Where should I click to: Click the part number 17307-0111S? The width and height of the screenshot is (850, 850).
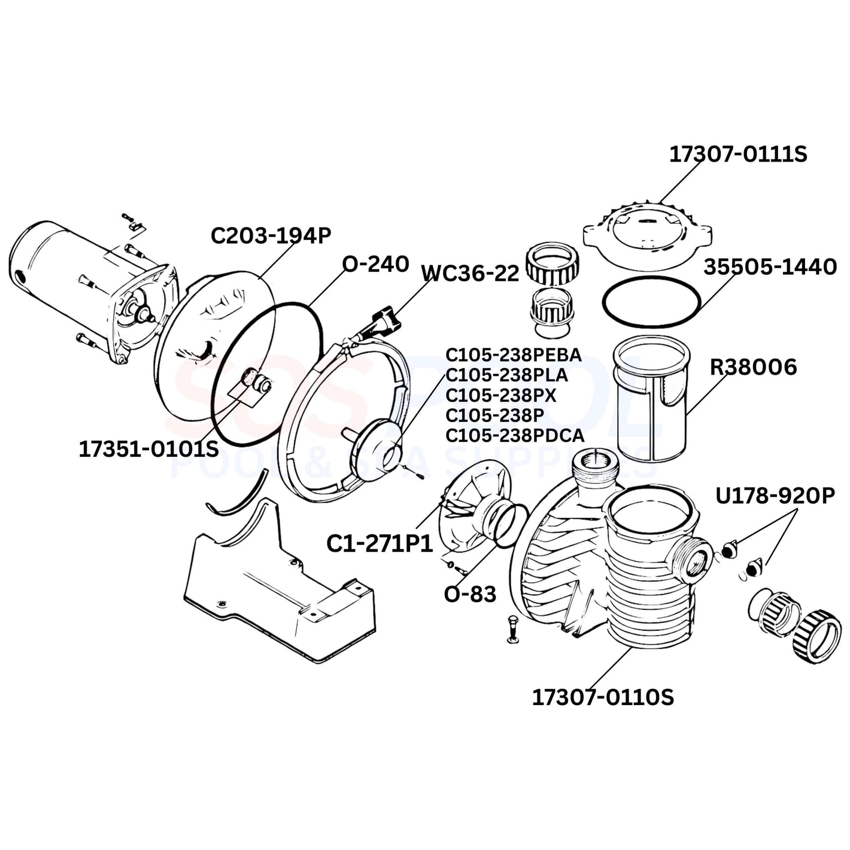tap(737, 154)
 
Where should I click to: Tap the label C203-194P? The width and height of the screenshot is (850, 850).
tap(271, 236)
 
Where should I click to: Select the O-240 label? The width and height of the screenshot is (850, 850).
tap(375, 263)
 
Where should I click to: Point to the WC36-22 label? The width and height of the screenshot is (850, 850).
tap(470, 273)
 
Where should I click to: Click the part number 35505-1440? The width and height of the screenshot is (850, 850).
tap(770, 267)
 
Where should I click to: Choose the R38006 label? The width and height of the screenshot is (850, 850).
tap(753, 367)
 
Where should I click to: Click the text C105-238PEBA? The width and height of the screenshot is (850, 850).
tap(513, 355)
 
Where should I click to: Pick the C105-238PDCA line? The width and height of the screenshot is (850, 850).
tap(514, 435)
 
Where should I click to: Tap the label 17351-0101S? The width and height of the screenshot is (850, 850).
tap(148, 449)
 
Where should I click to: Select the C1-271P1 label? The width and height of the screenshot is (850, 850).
tap(380, 544)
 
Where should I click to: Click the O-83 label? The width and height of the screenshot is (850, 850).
tap(470, 594)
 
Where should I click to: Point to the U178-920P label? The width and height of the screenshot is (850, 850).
tap(775, 496)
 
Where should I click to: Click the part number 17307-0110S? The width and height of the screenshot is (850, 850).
tap(603, 697)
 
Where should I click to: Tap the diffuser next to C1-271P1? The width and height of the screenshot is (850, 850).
tap(473, 503)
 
